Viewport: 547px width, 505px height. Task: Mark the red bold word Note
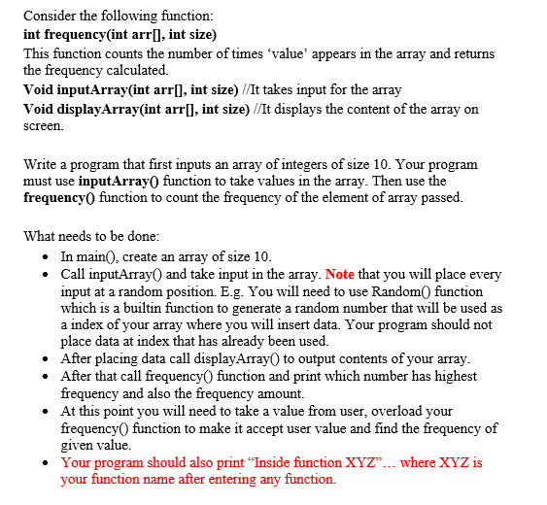pos(341,274)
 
